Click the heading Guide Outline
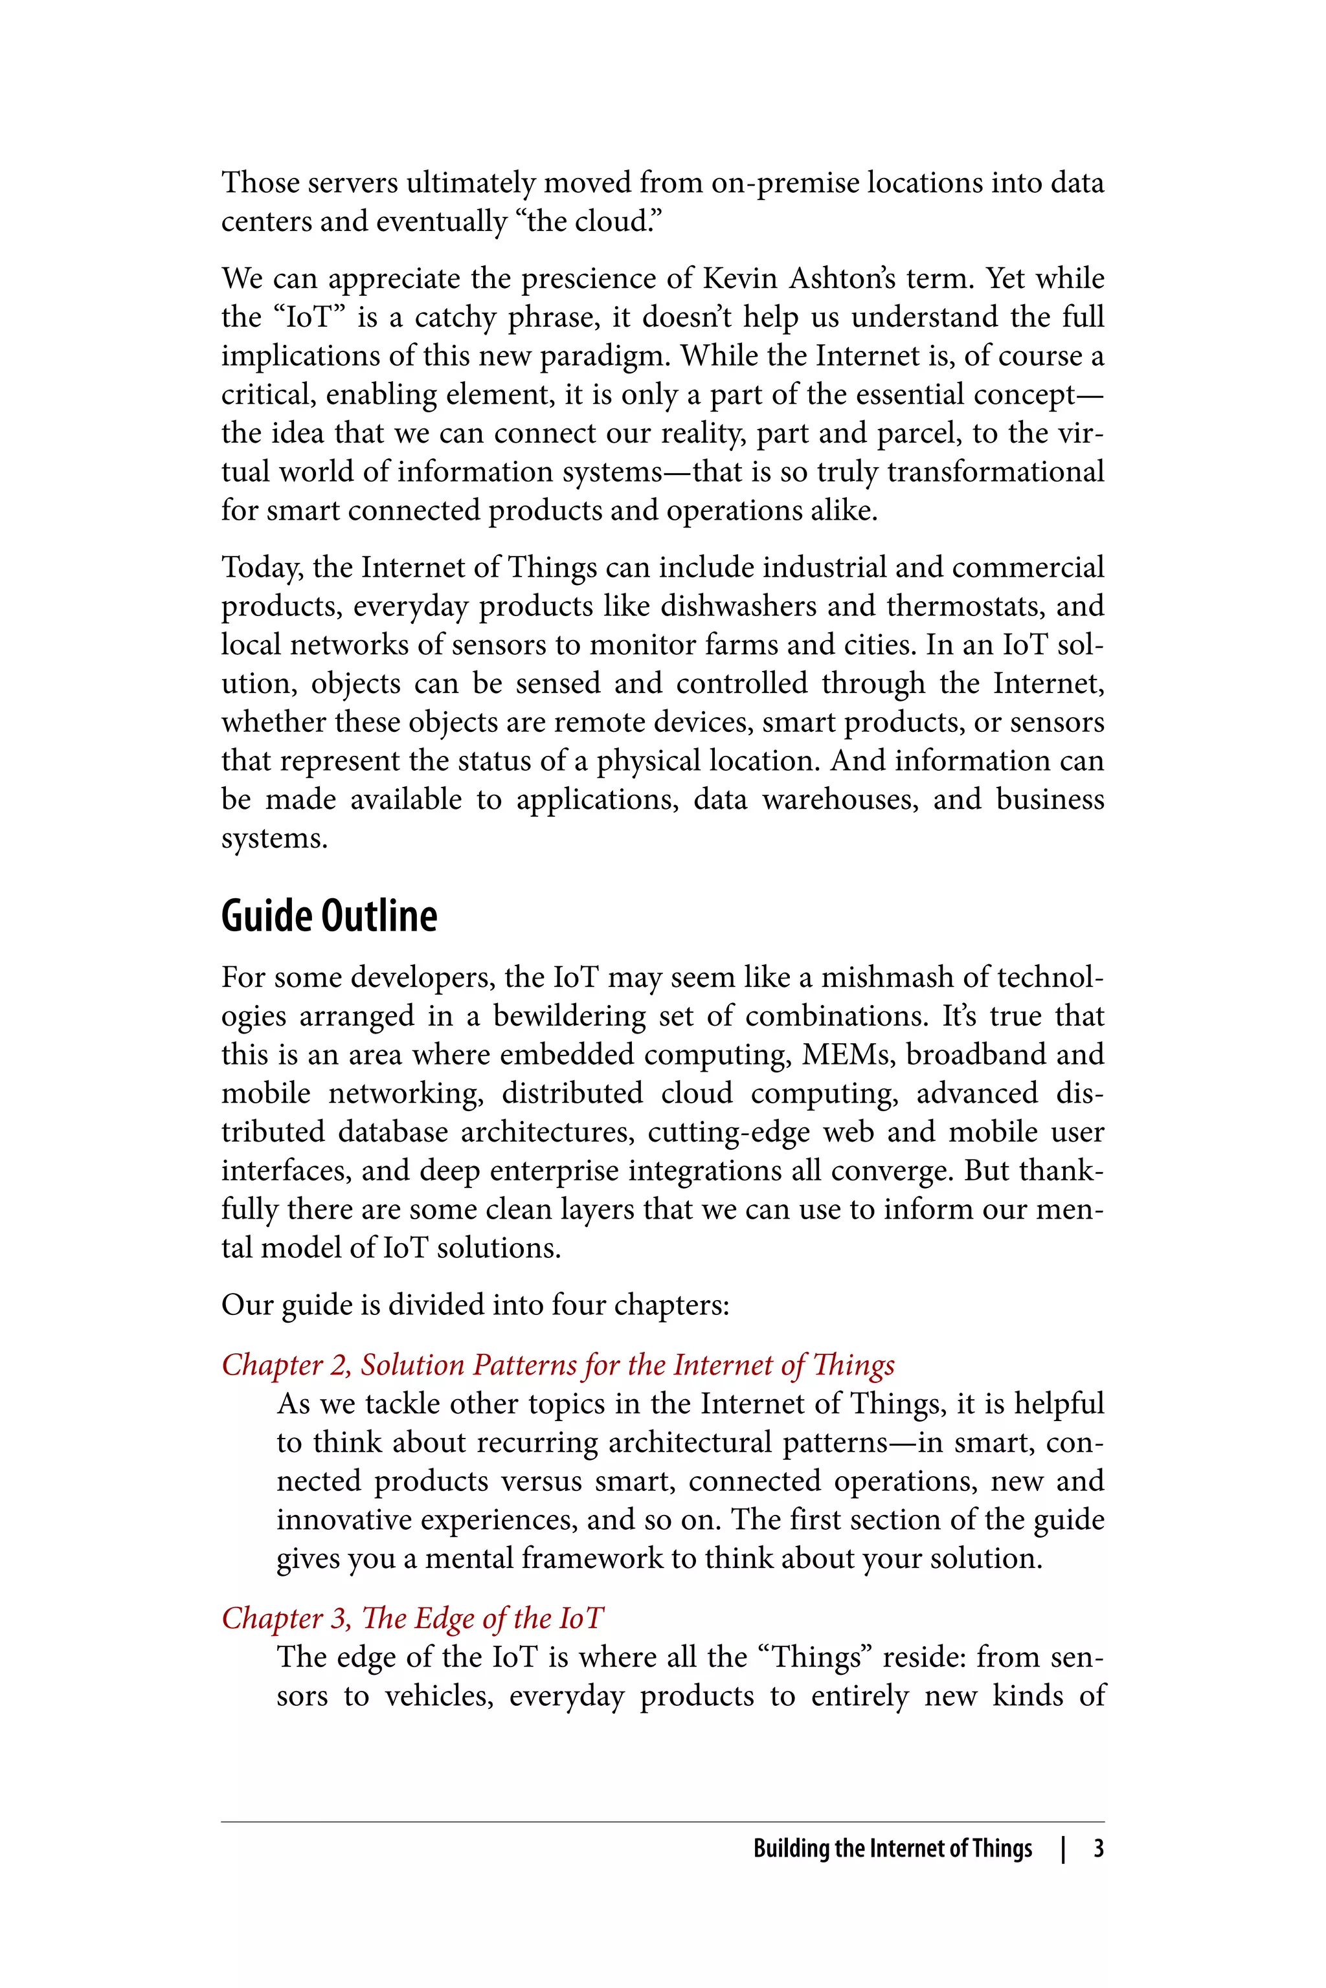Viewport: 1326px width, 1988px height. coord(329,916)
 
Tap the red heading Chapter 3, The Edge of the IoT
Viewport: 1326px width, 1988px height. coord(412,1617)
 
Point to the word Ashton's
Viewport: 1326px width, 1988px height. coord(842,278)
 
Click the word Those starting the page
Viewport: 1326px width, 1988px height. coord(260,182)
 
